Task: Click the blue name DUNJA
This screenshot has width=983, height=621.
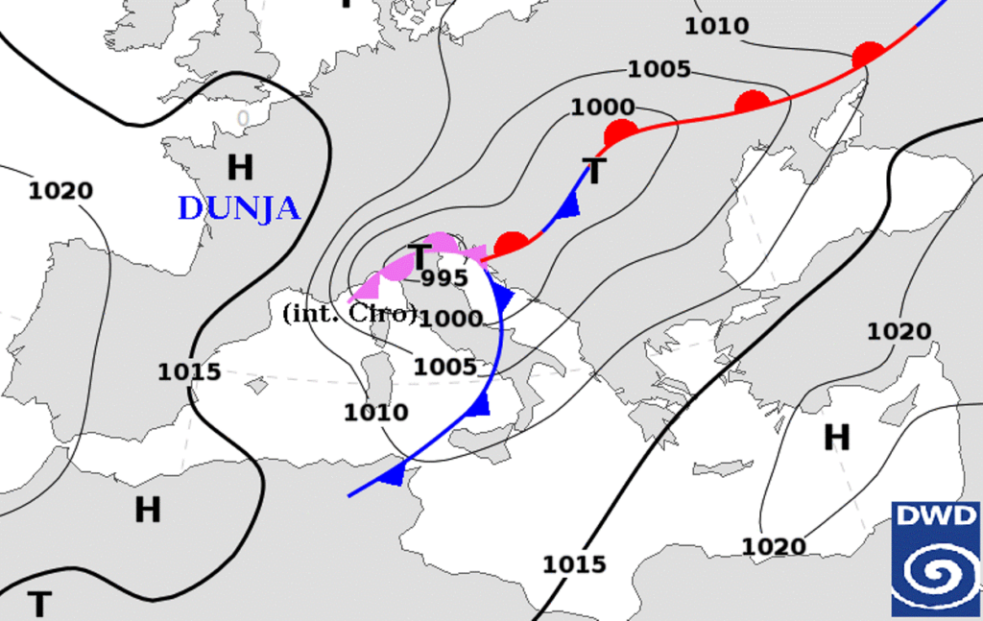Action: (239, 208)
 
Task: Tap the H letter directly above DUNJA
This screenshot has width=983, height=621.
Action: (240, 168)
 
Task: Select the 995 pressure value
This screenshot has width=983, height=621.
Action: (444, 278)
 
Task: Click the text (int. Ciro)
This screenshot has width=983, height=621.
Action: (350, 313)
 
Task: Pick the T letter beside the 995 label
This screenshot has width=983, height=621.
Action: (420, 257)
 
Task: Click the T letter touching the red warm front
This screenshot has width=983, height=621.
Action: (595, 173)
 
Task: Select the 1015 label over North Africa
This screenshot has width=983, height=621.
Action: (575, 563)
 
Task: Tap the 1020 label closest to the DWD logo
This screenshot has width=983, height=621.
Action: (774, 546)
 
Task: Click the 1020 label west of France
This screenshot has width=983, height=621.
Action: (60, 190)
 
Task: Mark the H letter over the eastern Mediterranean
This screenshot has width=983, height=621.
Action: (837, 438)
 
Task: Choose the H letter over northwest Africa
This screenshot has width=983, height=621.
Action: (147, 510)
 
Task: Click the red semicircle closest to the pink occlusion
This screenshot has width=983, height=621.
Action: (512, 243)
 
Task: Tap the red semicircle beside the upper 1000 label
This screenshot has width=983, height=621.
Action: (621, 132)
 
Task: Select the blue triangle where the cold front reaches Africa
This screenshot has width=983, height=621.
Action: (393, 472)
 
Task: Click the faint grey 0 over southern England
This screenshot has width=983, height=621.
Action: (244, 118)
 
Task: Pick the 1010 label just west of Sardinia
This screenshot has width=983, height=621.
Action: (375, 413)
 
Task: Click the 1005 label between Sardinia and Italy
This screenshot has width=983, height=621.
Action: (445, 366)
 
